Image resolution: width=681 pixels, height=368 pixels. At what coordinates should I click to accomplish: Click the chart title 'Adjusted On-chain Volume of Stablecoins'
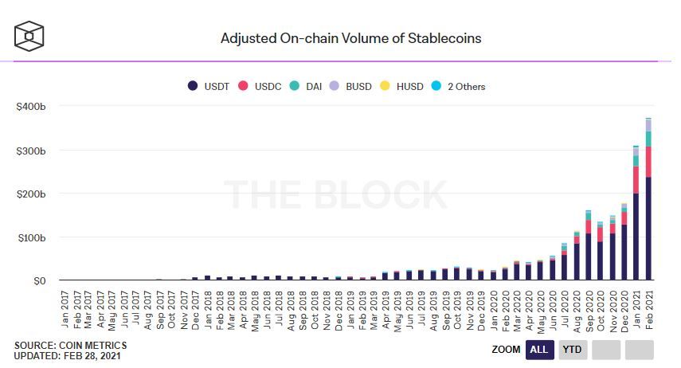click(350, 37)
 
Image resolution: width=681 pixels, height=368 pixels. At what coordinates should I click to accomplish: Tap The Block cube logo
click(29, 36)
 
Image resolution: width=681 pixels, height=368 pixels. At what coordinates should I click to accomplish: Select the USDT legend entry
click(210, 86)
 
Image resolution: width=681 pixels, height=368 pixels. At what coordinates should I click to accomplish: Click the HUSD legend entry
click(402, 86)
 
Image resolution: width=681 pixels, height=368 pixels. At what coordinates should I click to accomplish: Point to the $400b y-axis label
click(29, 107)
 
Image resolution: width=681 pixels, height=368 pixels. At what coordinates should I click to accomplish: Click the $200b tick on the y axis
click(29, 194)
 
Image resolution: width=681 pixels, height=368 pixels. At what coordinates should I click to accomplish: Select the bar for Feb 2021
click(648, 207)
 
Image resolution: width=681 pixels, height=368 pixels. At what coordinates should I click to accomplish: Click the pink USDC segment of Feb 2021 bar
click(648, 162)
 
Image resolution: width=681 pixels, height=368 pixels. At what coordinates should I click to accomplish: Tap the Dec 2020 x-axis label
click(624, 307)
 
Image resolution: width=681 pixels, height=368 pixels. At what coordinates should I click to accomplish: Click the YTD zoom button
click(571, 350)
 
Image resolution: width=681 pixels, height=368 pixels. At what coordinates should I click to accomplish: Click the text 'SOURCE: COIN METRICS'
click(70, 345)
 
